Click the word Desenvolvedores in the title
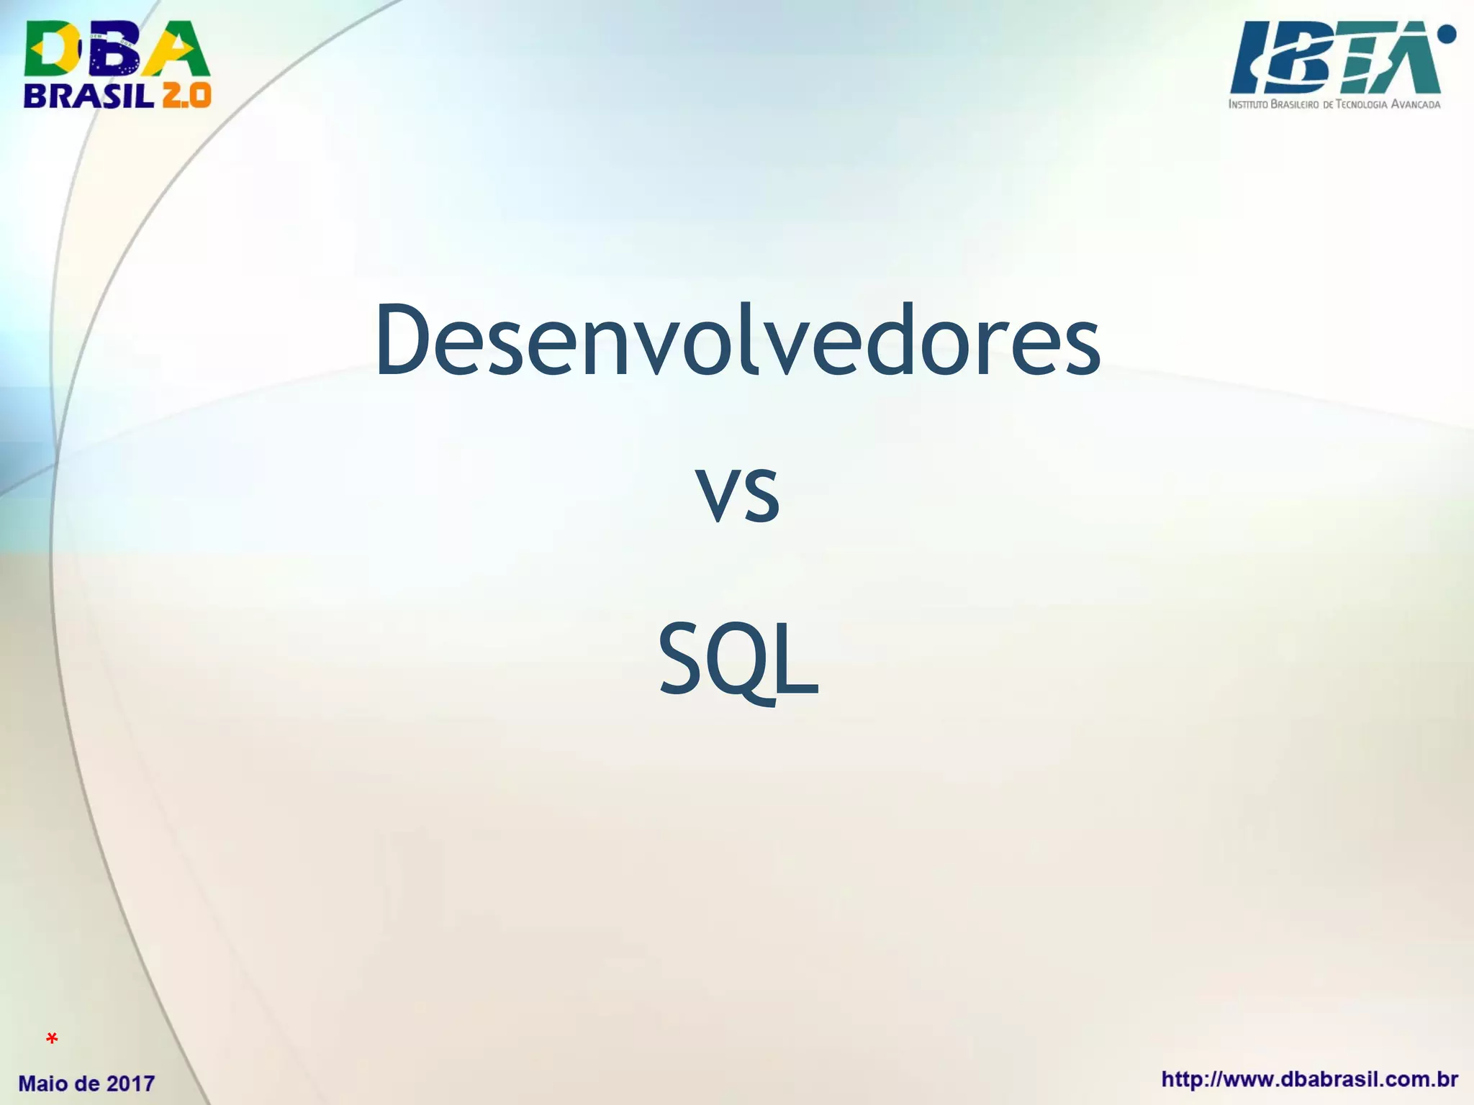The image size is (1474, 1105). tap(737, 340)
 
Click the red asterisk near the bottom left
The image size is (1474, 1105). tap(52, 1039)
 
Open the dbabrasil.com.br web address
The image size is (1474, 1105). tap(1309, 1080)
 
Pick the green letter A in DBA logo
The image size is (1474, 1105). tap(176, 49)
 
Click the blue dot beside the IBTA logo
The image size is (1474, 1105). tap(1446, 34)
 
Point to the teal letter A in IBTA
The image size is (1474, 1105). tap(1403, 61)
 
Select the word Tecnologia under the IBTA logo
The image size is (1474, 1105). tap(1360, 104)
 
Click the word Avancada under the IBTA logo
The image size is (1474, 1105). tap(1416, 104)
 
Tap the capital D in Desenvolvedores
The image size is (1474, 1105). tap(402, 340)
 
